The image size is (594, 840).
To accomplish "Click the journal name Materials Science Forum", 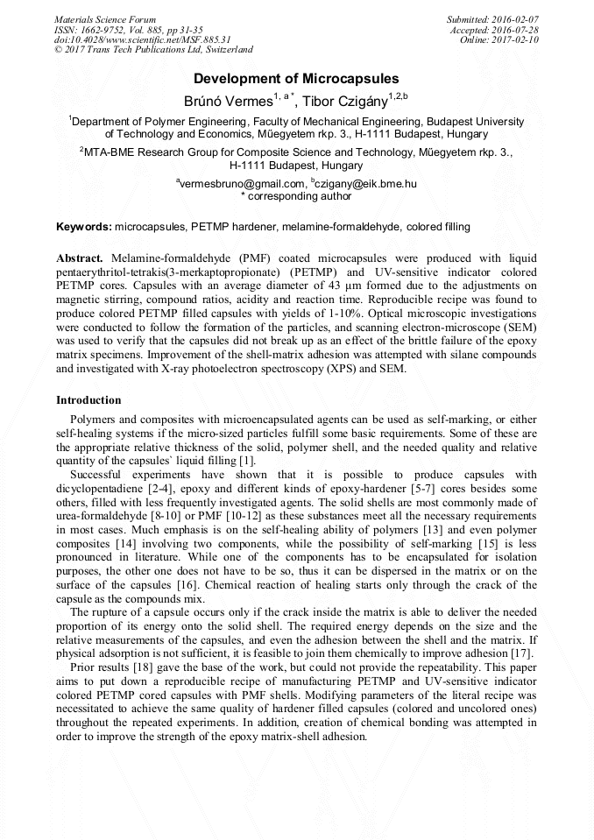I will (x=105, y=19).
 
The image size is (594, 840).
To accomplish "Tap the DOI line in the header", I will (x=142, y=39).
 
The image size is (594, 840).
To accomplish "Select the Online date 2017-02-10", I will (x=517, y=39).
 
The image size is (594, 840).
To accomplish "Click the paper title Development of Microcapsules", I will (x=296, y=78).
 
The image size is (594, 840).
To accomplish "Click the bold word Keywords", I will (x=84, y=227).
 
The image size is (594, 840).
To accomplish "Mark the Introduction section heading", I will (x=88, y=399).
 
